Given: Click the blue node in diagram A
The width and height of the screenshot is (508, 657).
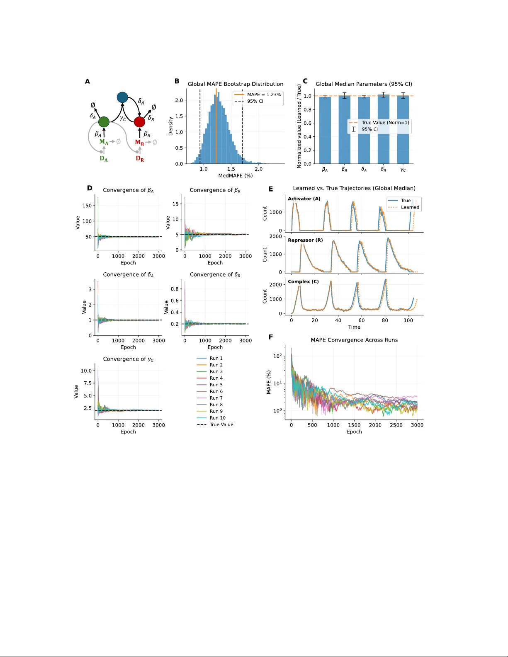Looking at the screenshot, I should (x=122, y=97).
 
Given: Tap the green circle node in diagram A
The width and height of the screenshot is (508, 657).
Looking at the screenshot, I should (x=104, y=122).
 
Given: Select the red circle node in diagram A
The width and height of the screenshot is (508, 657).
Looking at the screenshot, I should (x=140, y=122).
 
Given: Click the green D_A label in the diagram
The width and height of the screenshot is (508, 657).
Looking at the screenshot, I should (x=104, y=159).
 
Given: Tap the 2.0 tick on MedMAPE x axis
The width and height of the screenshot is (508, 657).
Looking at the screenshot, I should (x=259, y=169).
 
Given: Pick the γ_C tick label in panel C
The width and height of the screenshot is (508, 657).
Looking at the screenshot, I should (x=403, y=170).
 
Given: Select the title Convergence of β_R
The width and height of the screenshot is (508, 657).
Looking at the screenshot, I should (x=215, y=190).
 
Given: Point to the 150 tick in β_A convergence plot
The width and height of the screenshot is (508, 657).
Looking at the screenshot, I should (x=87, y=206).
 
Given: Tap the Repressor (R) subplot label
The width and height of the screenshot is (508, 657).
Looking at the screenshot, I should (x=305, y=240).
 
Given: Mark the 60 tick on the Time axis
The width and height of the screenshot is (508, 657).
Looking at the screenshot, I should (x=362, y=320).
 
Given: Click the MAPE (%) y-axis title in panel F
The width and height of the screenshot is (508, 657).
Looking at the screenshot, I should (x=269, y=382).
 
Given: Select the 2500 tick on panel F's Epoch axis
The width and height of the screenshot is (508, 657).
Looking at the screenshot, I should (x=396, y=425).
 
